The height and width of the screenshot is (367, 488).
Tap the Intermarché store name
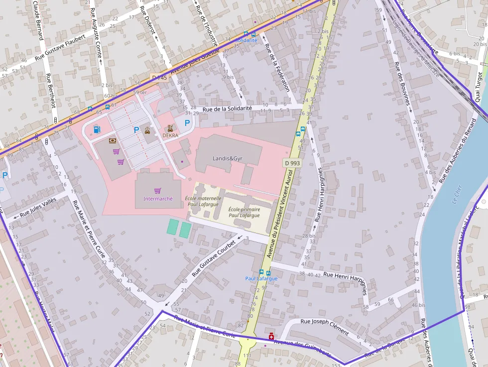[x=158, y=199]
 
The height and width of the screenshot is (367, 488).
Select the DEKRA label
[x=170, y=135]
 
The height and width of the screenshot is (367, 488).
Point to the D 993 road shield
[x=292, y=163]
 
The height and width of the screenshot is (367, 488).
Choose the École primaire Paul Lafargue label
[x=244, y=213]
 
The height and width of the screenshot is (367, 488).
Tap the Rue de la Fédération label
[x=276, y=68]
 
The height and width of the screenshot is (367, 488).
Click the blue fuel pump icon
[x=96, y=130]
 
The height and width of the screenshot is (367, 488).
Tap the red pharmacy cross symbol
[x=271, y=337]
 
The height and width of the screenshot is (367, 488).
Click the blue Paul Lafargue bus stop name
[x=261, y=278]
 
